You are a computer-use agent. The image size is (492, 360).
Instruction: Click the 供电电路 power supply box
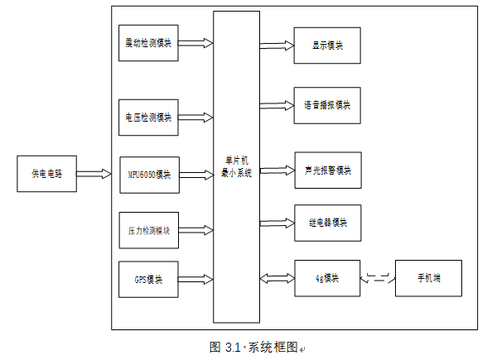point(46,174)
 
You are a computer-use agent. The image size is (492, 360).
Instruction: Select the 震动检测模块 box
point(149,42)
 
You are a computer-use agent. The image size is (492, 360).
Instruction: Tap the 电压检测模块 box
point(149,118)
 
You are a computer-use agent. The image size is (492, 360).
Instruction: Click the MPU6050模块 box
point(149,174)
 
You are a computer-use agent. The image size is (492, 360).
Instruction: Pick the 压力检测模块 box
point(149,230)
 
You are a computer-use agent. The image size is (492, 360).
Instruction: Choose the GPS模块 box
point(149,279)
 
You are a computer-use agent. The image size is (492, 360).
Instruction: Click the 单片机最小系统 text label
point(236,166)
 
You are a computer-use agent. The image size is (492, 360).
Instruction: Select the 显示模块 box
point(327,46)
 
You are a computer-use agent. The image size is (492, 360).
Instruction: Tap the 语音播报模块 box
point(327,105)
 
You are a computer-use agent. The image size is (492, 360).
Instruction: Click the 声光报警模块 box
point(327,170)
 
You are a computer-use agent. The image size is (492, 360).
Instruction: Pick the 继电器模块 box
point(327,223)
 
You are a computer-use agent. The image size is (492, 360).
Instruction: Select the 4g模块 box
point(327,278)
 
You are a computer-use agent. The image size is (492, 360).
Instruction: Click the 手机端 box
point(428,278)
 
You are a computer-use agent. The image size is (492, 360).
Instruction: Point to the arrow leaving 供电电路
point(94,174)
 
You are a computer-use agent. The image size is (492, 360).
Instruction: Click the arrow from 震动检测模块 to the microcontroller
point(195,42)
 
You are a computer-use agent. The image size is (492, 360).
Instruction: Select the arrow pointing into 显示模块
point(277,46)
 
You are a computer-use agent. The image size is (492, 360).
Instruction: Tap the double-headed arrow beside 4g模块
point(277,278)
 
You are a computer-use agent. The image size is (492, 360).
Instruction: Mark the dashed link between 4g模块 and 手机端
point(378,278)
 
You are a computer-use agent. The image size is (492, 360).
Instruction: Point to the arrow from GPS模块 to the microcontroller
point(195,279)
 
